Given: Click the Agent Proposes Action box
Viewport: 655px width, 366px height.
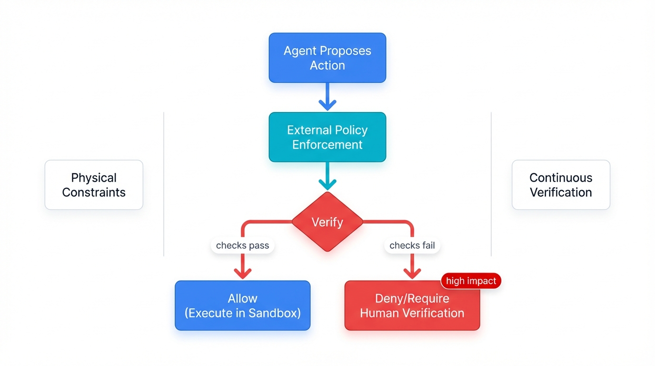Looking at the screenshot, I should coord(327,58).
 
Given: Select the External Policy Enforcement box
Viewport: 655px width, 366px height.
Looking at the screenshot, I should coord(327,137).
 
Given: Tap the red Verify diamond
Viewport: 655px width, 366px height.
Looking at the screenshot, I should coord(327,222).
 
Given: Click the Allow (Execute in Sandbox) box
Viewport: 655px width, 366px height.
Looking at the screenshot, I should coord(242,305).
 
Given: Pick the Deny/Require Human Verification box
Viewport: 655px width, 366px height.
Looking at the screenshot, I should coord(412,305).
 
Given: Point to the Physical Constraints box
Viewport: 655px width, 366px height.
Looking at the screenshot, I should coord(94,185).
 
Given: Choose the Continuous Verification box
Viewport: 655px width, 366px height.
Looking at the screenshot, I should coord(561,185).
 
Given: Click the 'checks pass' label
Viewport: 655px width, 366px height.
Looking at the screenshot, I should coord(242,245).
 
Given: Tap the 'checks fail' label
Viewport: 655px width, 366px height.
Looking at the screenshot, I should coord(412,245).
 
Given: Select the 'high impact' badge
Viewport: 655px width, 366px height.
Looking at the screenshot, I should coord(471,281).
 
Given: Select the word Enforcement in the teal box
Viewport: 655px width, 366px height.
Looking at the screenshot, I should coord(327,145).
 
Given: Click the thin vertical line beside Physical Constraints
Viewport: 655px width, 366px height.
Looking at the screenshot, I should coord(164,184).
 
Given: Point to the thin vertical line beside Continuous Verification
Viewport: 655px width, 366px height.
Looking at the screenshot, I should coord(491,184).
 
